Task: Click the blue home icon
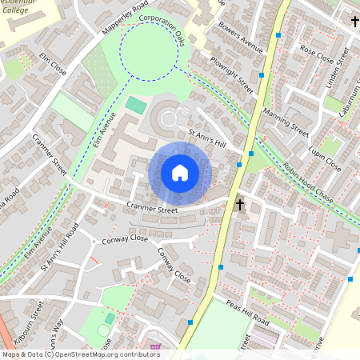pos(180,172)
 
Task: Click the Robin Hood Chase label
pos(307,184)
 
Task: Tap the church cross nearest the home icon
pos(238,205)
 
